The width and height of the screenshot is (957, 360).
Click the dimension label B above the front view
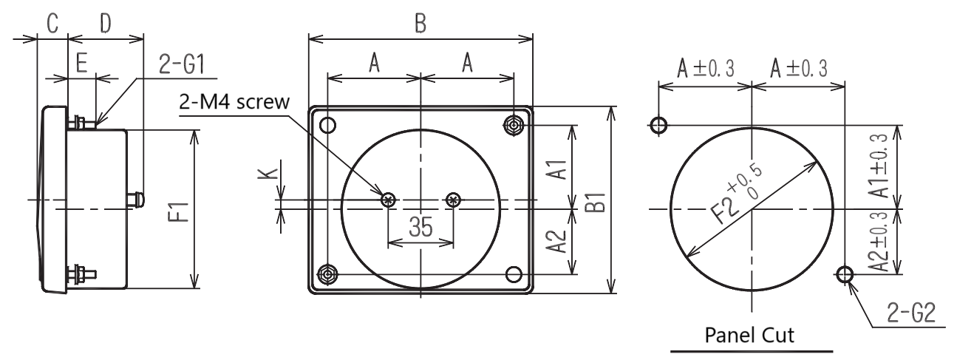click(420, 24)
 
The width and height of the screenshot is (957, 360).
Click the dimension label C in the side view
click(52, 23)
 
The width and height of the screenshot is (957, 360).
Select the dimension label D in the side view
click(105, 23)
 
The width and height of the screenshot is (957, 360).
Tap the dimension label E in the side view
click(81, 63)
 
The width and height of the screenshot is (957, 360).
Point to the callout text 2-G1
click(182, 64)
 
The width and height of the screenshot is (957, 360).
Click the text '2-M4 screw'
click(234, 102)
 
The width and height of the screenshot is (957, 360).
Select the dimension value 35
click(420, 227)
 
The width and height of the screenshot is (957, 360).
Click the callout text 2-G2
click(911, 313)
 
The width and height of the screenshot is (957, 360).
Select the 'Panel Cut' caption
click(749, 335)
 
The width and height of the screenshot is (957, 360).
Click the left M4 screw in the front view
click(389, 200)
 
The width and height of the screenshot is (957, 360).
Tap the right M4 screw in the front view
click(453, 200)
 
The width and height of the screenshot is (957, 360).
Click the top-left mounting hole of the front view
click(327, 125)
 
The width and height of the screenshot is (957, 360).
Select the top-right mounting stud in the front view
click(514, 125)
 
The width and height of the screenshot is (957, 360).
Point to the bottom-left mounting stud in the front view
click(327, 274)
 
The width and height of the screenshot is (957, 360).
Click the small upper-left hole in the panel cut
click(658, 125)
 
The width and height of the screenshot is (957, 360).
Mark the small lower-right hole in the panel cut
click(845, 274)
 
